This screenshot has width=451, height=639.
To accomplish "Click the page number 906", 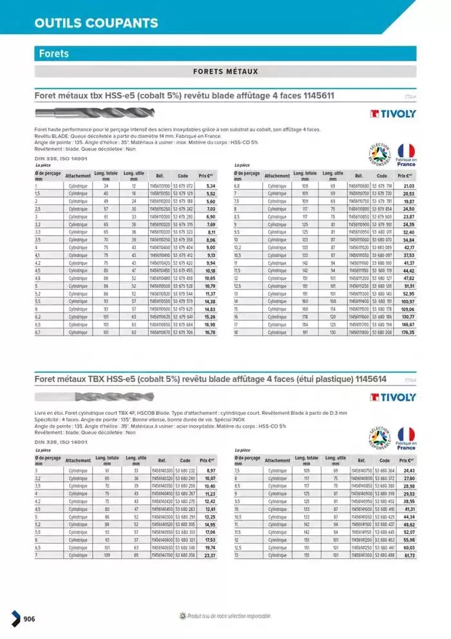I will click(x=28, y=620).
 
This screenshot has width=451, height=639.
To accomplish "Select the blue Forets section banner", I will click(x=225, y=53).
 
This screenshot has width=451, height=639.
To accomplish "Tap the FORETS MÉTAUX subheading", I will click(x=225, y=72).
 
